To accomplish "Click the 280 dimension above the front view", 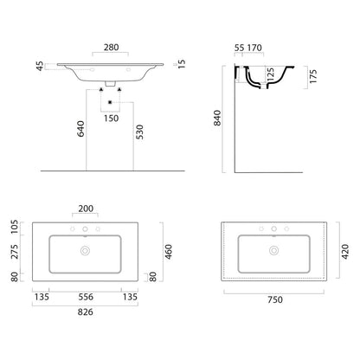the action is tap(112, 48).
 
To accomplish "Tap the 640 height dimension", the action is tap(80, 129).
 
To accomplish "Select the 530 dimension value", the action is tap(139, 132).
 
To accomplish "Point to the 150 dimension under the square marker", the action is tap(112, 119).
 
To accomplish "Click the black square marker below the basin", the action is tap(110, 102).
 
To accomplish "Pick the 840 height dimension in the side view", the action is tap(217, 118).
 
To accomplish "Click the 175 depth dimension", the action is tap(313, 76).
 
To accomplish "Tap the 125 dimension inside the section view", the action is tap(270, 74).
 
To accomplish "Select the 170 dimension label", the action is tap(254, 48).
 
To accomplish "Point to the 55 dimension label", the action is tap(239, 48).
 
